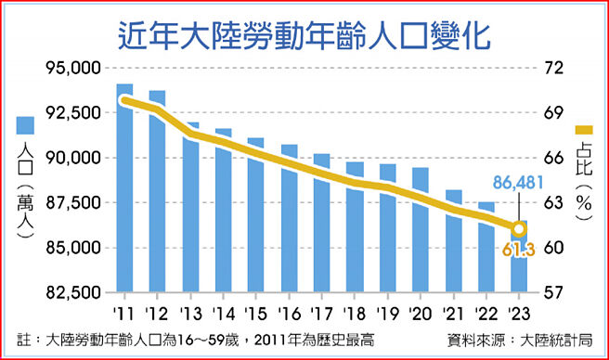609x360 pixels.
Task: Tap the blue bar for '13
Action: tap(189, 207)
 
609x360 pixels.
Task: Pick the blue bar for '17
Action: tap(322, 223)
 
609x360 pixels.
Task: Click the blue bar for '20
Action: tap(421, 229)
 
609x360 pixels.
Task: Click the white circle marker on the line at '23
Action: tap(521, 228)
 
